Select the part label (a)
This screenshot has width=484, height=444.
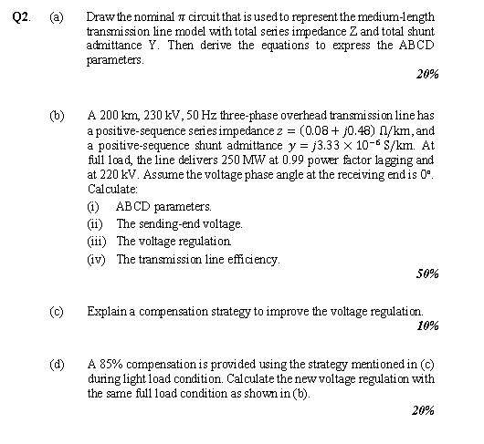58,18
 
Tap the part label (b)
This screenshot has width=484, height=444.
58,117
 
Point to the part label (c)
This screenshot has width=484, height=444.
58,311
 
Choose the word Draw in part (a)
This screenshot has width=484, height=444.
100,18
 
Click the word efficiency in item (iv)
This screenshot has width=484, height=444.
254,259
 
